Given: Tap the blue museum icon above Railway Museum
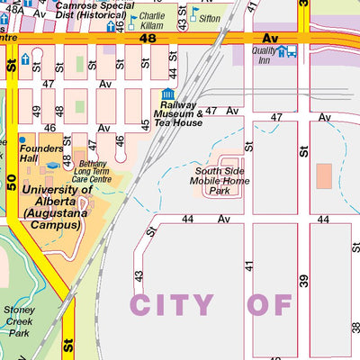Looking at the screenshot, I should pyautogui.click(x=166, y=94).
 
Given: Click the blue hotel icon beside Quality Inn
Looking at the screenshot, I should pyautogui.click(x=284, y=51).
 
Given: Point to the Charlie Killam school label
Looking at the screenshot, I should pyautogui.click(x=152, y=22).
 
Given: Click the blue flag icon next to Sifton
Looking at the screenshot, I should pyautogui.click(x=196, y=13).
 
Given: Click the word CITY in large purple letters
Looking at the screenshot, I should pyautogui.click(x=175, y=304).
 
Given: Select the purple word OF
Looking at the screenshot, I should pyautogui.click(x=271, y=304).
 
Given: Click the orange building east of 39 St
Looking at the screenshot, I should pyautogui.click(x=324, y=176).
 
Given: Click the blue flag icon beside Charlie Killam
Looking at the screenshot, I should pyautogui.click(x=133, y=19).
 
